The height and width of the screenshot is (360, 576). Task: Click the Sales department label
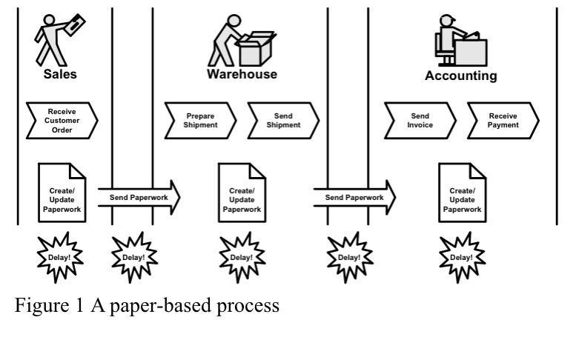pos(60,74)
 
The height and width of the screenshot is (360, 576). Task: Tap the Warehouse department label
pos(242,74)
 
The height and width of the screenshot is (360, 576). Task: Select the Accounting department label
pos(460,76)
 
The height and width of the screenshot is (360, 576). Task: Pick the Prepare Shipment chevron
pos(200,121)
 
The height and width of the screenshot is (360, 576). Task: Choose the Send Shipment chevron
pos(282,121)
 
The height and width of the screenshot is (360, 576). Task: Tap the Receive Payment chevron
pos(503,121)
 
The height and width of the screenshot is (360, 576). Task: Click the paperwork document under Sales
pos(62,193)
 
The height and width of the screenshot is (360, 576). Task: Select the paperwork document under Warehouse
pos(242,193)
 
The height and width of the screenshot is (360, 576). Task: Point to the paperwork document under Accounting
pos(463,193)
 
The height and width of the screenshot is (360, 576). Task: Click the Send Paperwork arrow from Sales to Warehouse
pos(139,198)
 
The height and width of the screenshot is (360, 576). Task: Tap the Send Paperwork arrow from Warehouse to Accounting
pos(354,198)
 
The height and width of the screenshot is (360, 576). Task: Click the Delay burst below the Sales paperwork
pos(60,257)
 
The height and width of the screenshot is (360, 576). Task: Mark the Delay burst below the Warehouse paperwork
pos(242,257)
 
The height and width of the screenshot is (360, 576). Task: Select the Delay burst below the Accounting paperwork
pos(462,257)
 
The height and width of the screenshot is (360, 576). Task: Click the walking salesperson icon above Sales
pos(59,36)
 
